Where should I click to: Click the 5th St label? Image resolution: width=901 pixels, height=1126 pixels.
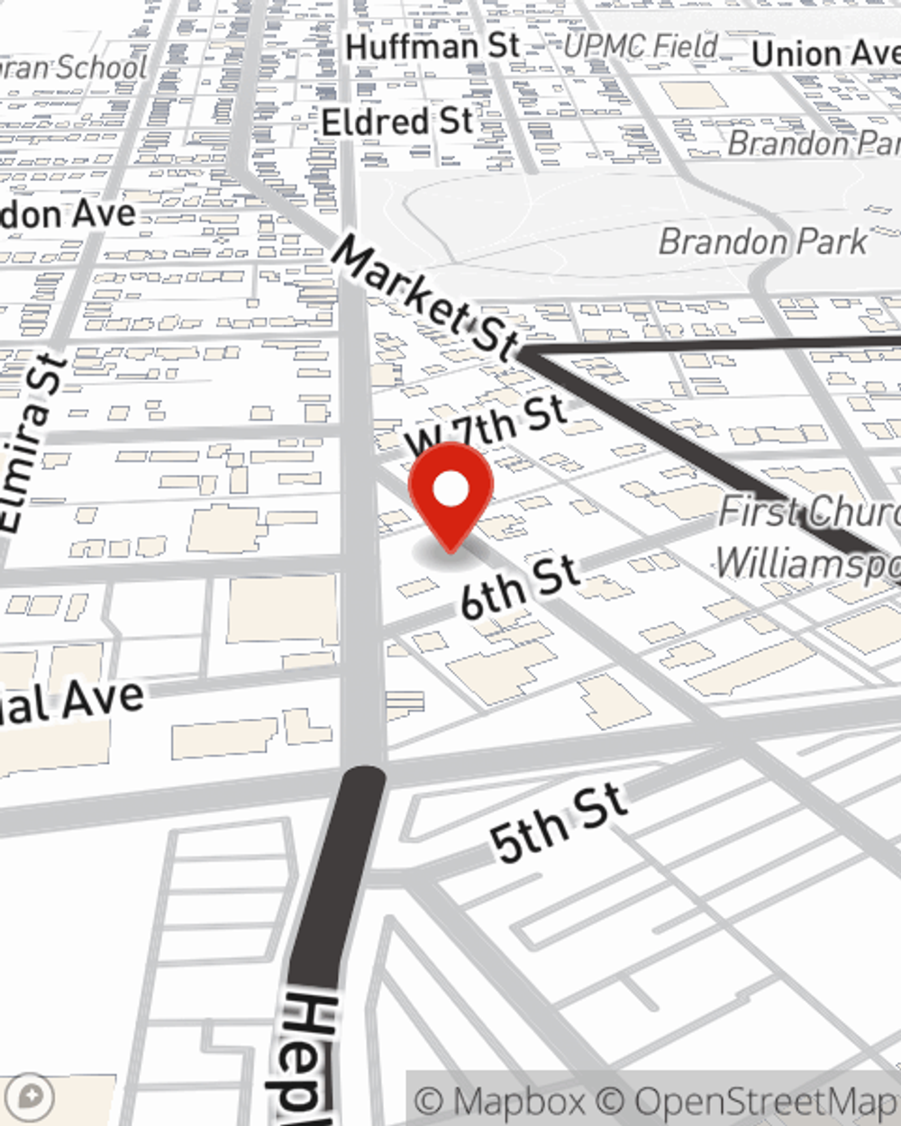pyautogui.click(x=559, y=824)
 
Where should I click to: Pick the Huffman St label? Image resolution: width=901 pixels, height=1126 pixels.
pyautogui.click(x=432, y=47)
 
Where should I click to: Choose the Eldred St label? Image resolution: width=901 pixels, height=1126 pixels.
pyautogui.click(x=397, y=122)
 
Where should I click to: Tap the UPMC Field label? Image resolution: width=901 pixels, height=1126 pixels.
pyautogui.click(x=641, y=46)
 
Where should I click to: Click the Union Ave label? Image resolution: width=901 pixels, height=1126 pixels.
pyautogui.click(x=824, y=54)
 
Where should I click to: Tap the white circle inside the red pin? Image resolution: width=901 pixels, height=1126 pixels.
pyautogui.click(x=450, y=490)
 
